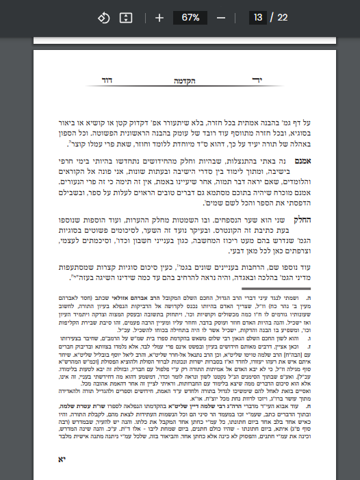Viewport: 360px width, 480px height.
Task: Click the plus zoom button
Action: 159,17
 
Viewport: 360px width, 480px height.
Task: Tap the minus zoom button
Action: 221,17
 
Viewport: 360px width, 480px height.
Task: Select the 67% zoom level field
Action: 190,17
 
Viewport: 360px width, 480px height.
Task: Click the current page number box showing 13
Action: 257,17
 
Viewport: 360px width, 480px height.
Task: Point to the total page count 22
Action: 282,17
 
